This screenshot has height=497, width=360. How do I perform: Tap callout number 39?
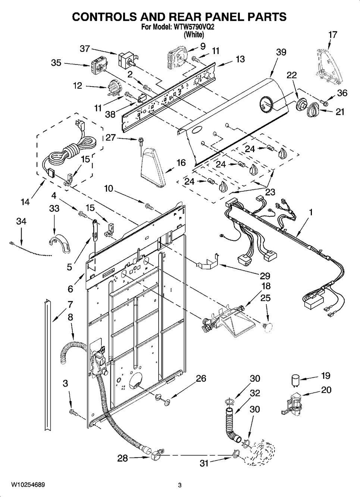[281, 52]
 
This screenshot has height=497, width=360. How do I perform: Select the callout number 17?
[332, 35]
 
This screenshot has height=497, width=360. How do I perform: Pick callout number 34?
[21, 221]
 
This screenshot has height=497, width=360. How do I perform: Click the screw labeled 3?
[73, 412]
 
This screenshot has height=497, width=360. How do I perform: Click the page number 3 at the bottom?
[179, 485]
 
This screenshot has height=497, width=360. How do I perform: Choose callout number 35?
[56, 63]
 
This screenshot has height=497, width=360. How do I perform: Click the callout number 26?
[201, 378]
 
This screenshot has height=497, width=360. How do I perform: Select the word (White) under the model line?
[194, 35]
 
